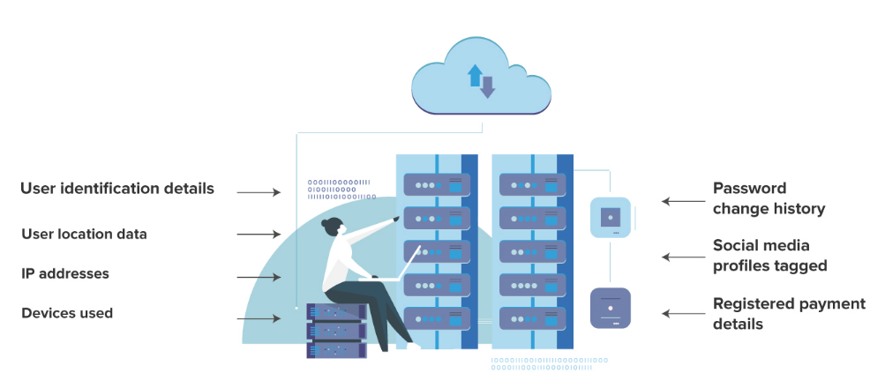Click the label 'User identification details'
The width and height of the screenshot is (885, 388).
[116, 189]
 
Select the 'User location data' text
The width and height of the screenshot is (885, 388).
[84, 234]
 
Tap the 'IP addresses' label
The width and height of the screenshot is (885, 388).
[65, 273]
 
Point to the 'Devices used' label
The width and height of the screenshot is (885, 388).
[67, 313]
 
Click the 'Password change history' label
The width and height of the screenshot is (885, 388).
[769, 198]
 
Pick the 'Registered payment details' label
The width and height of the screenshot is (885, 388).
[789, 313]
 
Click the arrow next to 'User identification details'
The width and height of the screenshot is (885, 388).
[258, 191]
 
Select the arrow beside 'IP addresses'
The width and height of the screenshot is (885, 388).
[258, 277]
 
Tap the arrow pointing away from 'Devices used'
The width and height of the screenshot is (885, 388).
[258, 317]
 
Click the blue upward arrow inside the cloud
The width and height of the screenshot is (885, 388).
[475, 75]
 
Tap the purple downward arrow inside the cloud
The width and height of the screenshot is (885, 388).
[487, 86]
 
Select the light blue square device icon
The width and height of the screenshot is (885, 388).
[610, 217]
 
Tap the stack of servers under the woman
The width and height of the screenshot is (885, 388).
[336, 331]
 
